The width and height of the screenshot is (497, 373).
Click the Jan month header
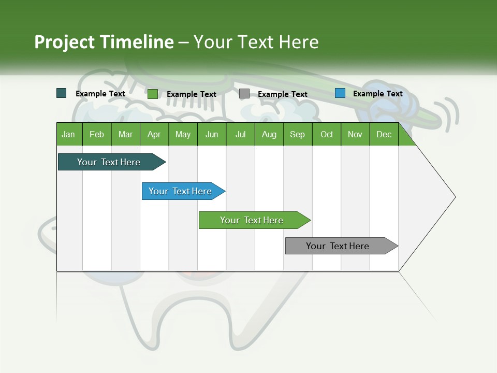pyautogui.click(x=69, y=134)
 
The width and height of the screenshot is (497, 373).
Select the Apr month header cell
pyautogui.click(x=154, y=134)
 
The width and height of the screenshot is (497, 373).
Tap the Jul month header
pyautogui.click(x=241, y=134)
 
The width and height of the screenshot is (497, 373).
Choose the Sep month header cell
pyautogui.click(x=298, y=134)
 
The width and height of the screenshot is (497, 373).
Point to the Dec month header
pyautogui.click(x=384, y=134)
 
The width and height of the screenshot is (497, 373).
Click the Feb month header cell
pyautogui.click(x=97, y=134)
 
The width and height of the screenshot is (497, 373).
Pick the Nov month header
pyautogui.click(x=355, y=134)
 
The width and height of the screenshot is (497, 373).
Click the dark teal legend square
pyautogui.click(x=62, y=93)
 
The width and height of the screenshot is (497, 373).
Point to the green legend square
pyautogui.click(x=153, y=94)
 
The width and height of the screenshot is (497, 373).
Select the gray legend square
pyautogui.click(x=244, y=94)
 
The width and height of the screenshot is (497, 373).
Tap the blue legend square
pyautogui.click(x=340, y=93)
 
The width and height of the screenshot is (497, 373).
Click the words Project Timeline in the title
pyautogui.click(x=104, y=42)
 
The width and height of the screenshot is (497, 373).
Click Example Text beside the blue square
pyautogui.click(x=377, y=94)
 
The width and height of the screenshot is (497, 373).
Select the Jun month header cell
pyautogui.click(x=212, y=134)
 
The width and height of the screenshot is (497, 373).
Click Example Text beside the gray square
pyautogui.click(x=282, y=94)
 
